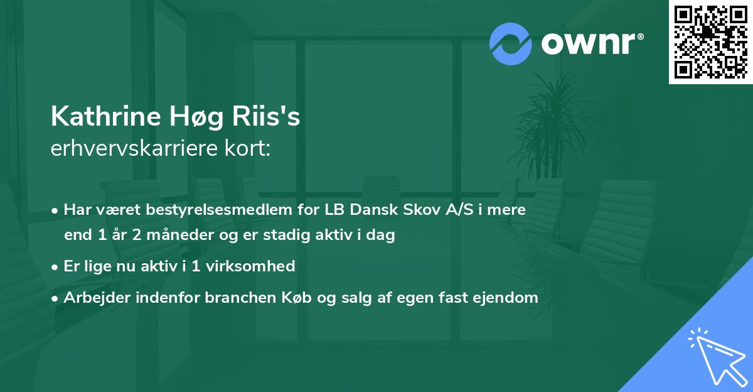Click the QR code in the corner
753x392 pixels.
tap(711, 42)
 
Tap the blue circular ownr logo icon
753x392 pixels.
tap(511, 43)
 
